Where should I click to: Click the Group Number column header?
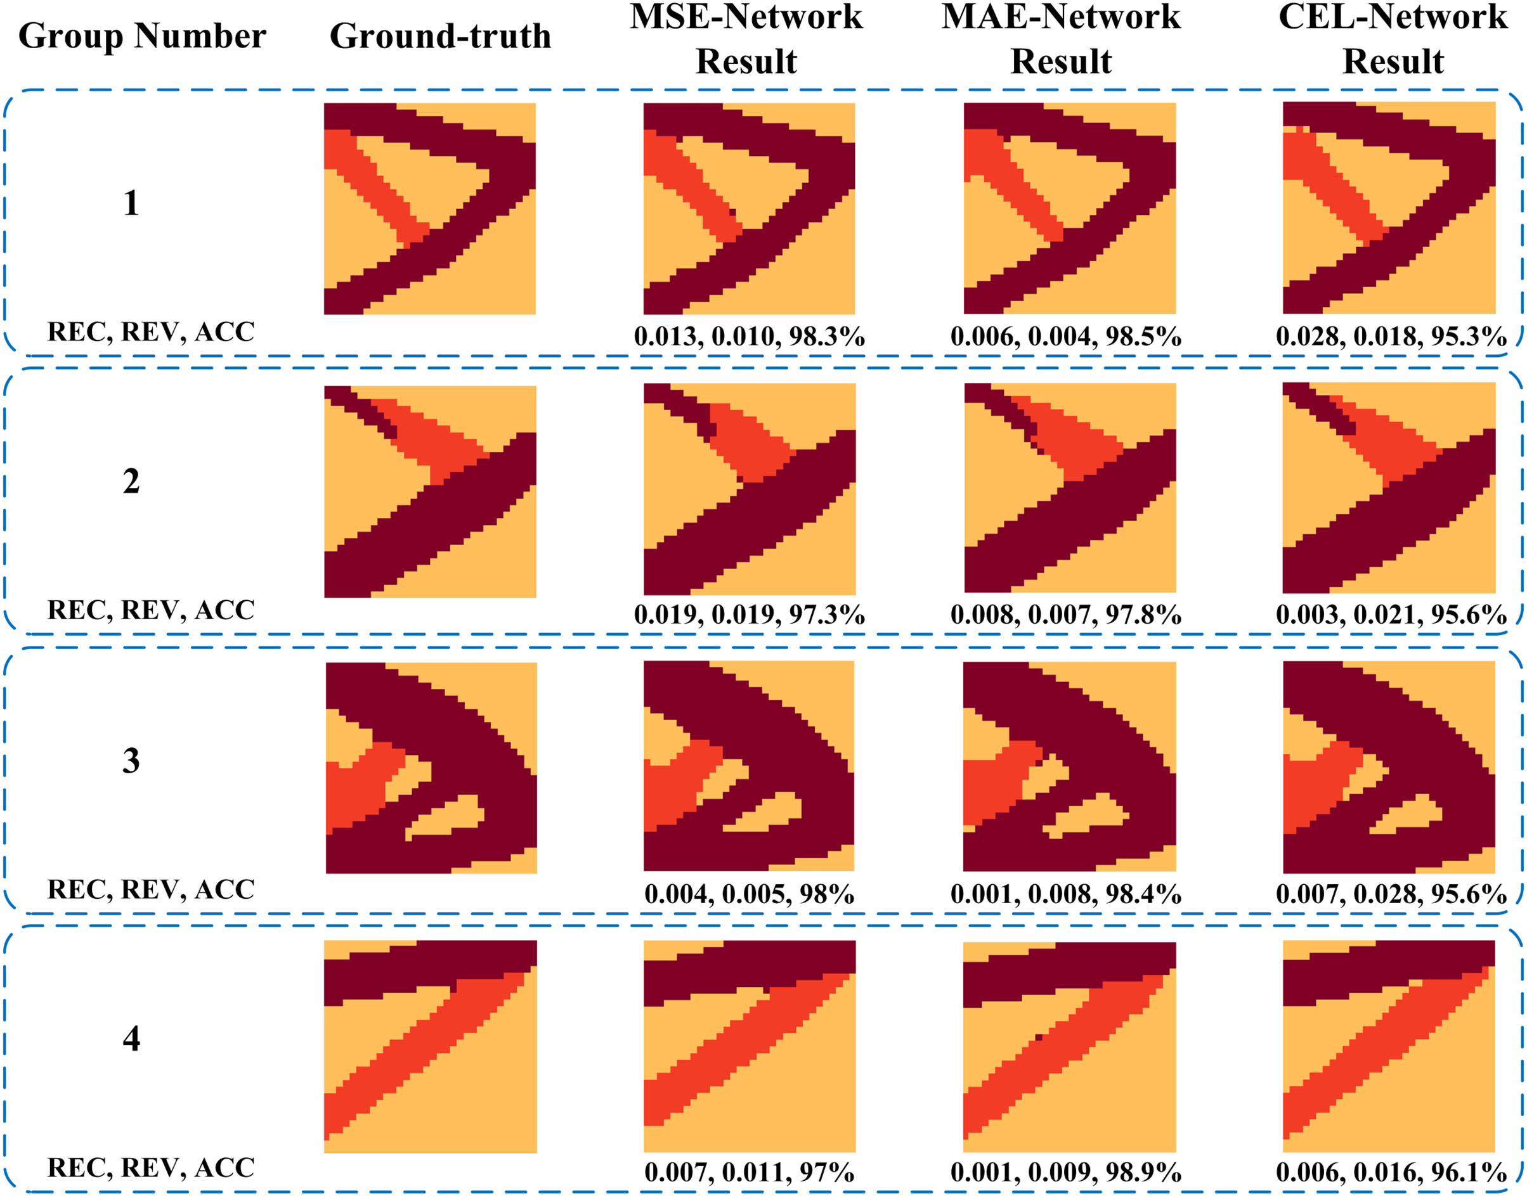pyautogui.click(x=141, y=35)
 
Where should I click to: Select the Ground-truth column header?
pyautogui.click(x=440, y=35)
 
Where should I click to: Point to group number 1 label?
pyautogui.click(x=131, y=203)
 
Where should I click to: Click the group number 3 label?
pyautogui.click(x=131, y=761)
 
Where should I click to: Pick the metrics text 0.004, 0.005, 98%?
pyautogui.click(x=749, y=894)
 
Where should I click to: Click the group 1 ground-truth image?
pyautogui.click(x=429, y=209)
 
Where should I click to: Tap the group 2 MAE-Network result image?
pyautogui.click(x=1070, y=487)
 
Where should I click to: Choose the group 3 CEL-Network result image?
pyautogui.click(x=1389, y=767)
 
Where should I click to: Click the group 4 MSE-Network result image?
pyautogui.click(x=750, y=1045)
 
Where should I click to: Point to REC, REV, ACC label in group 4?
pyautogui.click(x=150, y=1167)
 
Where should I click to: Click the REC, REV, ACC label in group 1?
pyautogui.click(x=150, y=331)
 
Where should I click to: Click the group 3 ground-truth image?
pyautogui.click(x=431, y=768)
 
